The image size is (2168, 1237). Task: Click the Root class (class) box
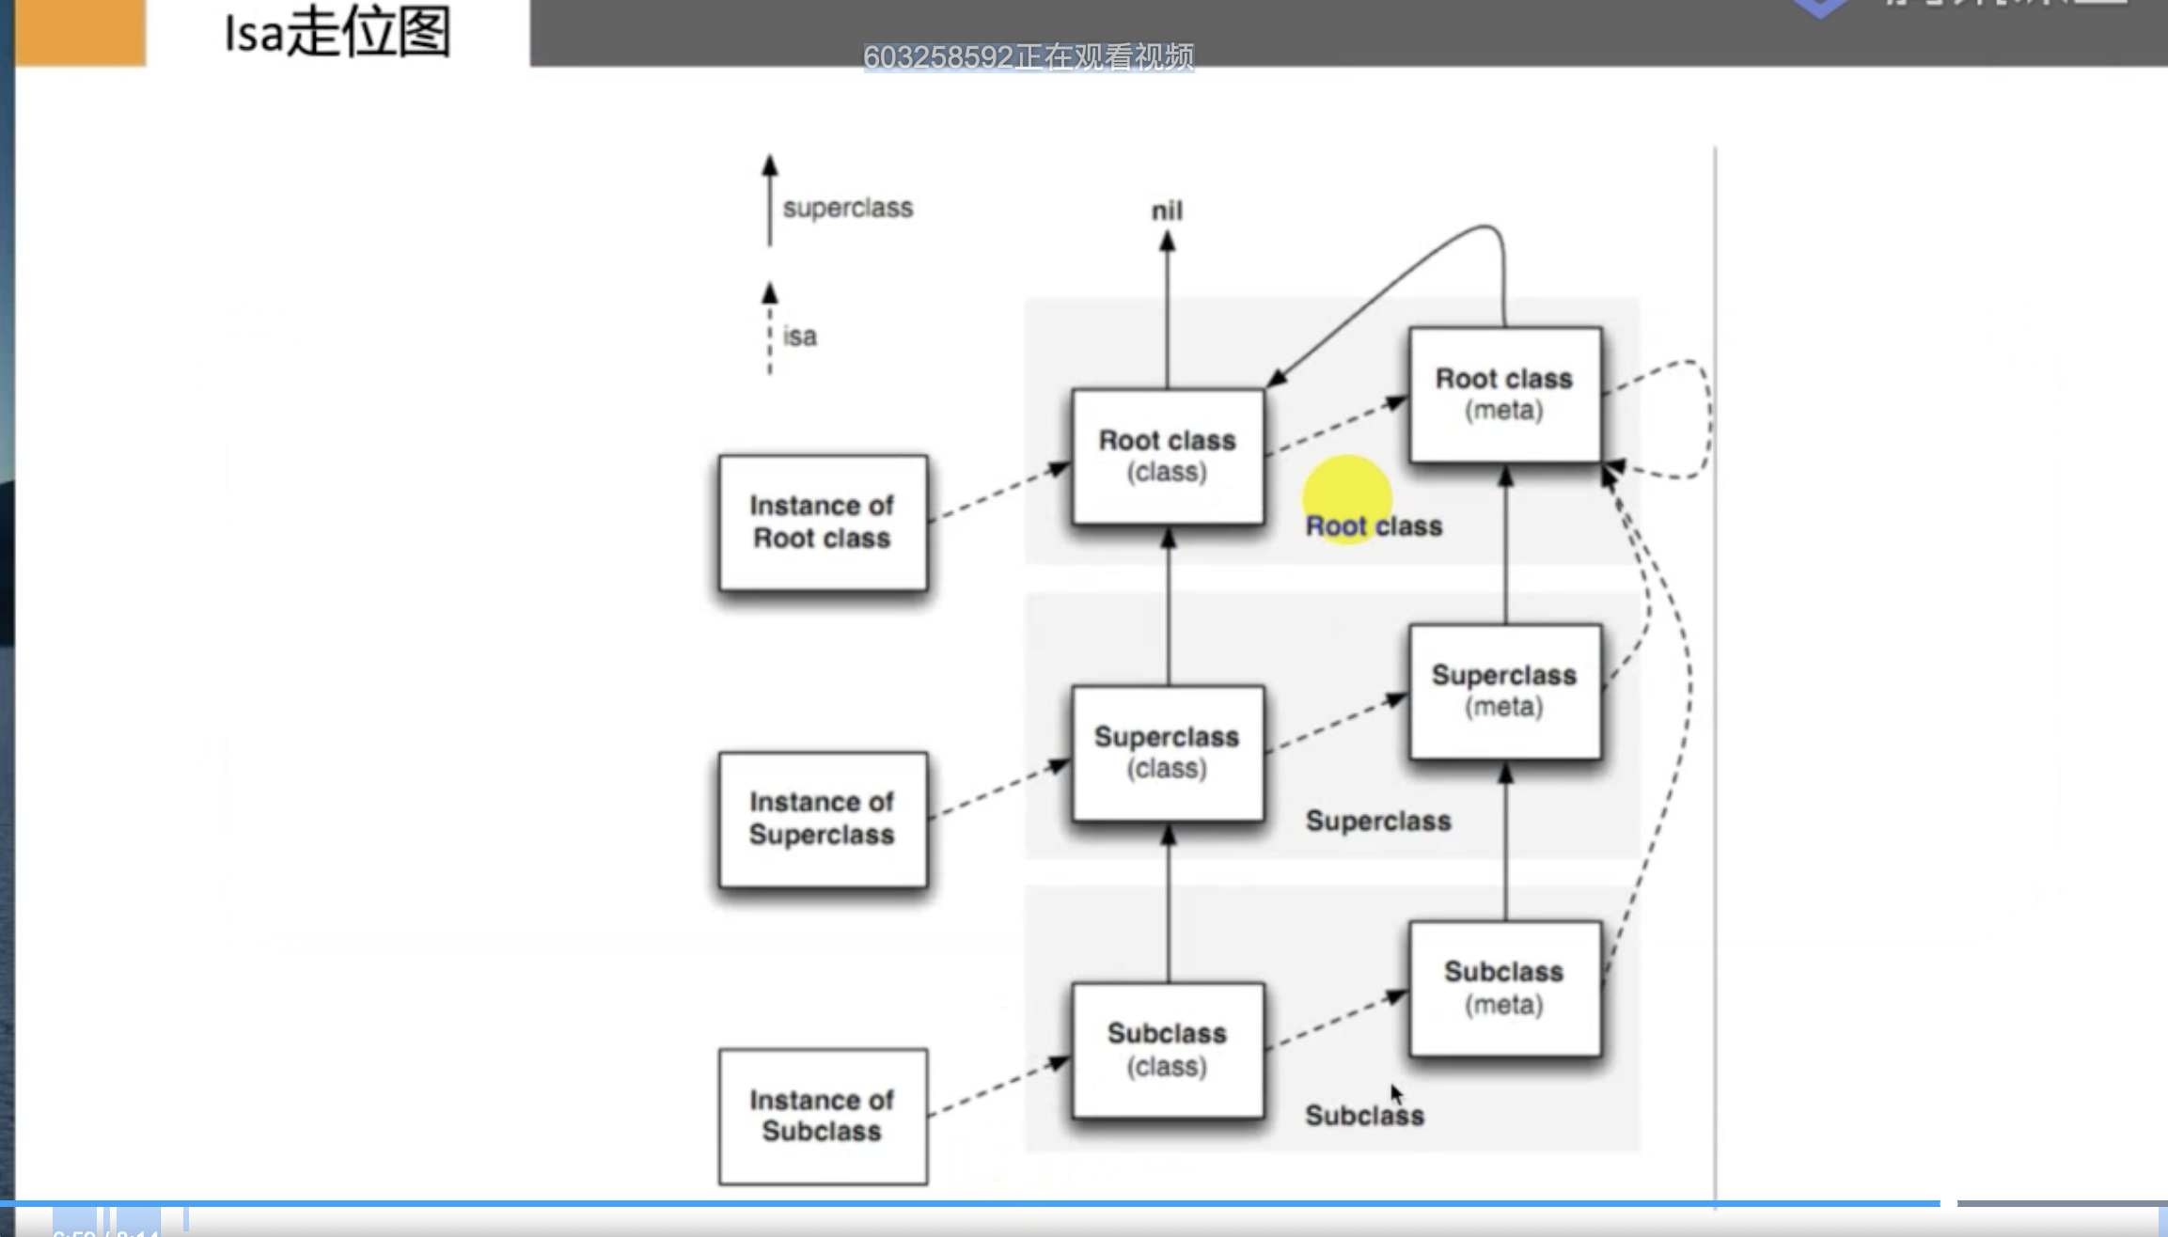[x=1168, y=456]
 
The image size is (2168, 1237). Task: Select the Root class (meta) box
[x=1504, y=395]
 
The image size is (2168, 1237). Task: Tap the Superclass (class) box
[x=1168, y=753]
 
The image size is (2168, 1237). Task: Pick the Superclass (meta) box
[x=1504, y=691]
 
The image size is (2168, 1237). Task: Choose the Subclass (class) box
[x=1168, y=1050]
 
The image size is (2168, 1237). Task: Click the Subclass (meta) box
[x=1504, y=988]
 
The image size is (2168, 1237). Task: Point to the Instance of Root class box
[x=823, y=523]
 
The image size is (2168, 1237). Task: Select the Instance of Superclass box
[x=823, y=819]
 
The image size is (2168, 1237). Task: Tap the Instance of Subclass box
[x=823, y=1116]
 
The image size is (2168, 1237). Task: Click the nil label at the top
[x=1167, y=211]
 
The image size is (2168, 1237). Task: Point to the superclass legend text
[x=847, y=208]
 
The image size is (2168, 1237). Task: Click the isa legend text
[x=799, y=337]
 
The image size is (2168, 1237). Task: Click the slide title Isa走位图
[x=338, y=33]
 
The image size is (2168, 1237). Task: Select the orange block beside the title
[x=81, y=33]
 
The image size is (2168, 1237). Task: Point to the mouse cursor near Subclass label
[x=1396, y=1094]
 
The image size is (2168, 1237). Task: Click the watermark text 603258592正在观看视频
[x=1029, y=57]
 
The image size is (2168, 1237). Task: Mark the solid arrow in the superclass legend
[x=770, y=201]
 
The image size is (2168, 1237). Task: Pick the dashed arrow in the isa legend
[x=770, y=329]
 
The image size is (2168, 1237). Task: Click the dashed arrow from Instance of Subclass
[x=999, y=1088]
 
